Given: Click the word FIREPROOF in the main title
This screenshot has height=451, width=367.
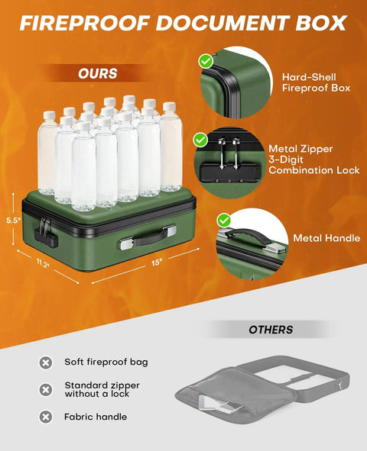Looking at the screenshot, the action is [85, 23].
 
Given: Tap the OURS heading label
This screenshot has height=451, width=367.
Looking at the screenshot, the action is [98, 73].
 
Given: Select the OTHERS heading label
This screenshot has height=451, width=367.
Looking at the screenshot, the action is [271, 330].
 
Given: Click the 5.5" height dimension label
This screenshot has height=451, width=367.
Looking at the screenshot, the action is [14, 221].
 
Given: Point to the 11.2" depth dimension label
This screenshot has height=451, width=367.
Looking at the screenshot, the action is [43, 263].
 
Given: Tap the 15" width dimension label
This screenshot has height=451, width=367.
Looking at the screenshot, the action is [157, 263].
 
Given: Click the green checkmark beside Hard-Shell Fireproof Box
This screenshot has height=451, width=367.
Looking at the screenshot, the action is [206, 61].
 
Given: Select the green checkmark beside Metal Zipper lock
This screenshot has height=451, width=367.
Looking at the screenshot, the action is [200, 140].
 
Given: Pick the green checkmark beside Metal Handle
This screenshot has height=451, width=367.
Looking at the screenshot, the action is [224, 221].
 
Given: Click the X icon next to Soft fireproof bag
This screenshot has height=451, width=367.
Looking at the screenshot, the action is [46, 362].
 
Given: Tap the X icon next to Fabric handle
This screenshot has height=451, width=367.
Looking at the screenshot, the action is [46, 417].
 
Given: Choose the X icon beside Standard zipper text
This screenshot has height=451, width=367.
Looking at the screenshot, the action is [46, 390].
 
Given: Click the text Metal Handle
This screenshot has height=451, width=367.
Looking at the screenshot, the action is [326, 238].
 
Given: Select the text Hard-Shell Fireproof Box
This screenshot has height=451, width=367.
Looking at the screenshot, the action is [316, 82].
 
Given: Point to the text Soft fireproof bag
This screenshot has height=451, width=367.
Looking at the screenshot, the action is [106, 362].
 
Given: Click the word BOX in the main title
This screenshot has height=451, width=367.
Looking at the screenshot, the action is [321, 23].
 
